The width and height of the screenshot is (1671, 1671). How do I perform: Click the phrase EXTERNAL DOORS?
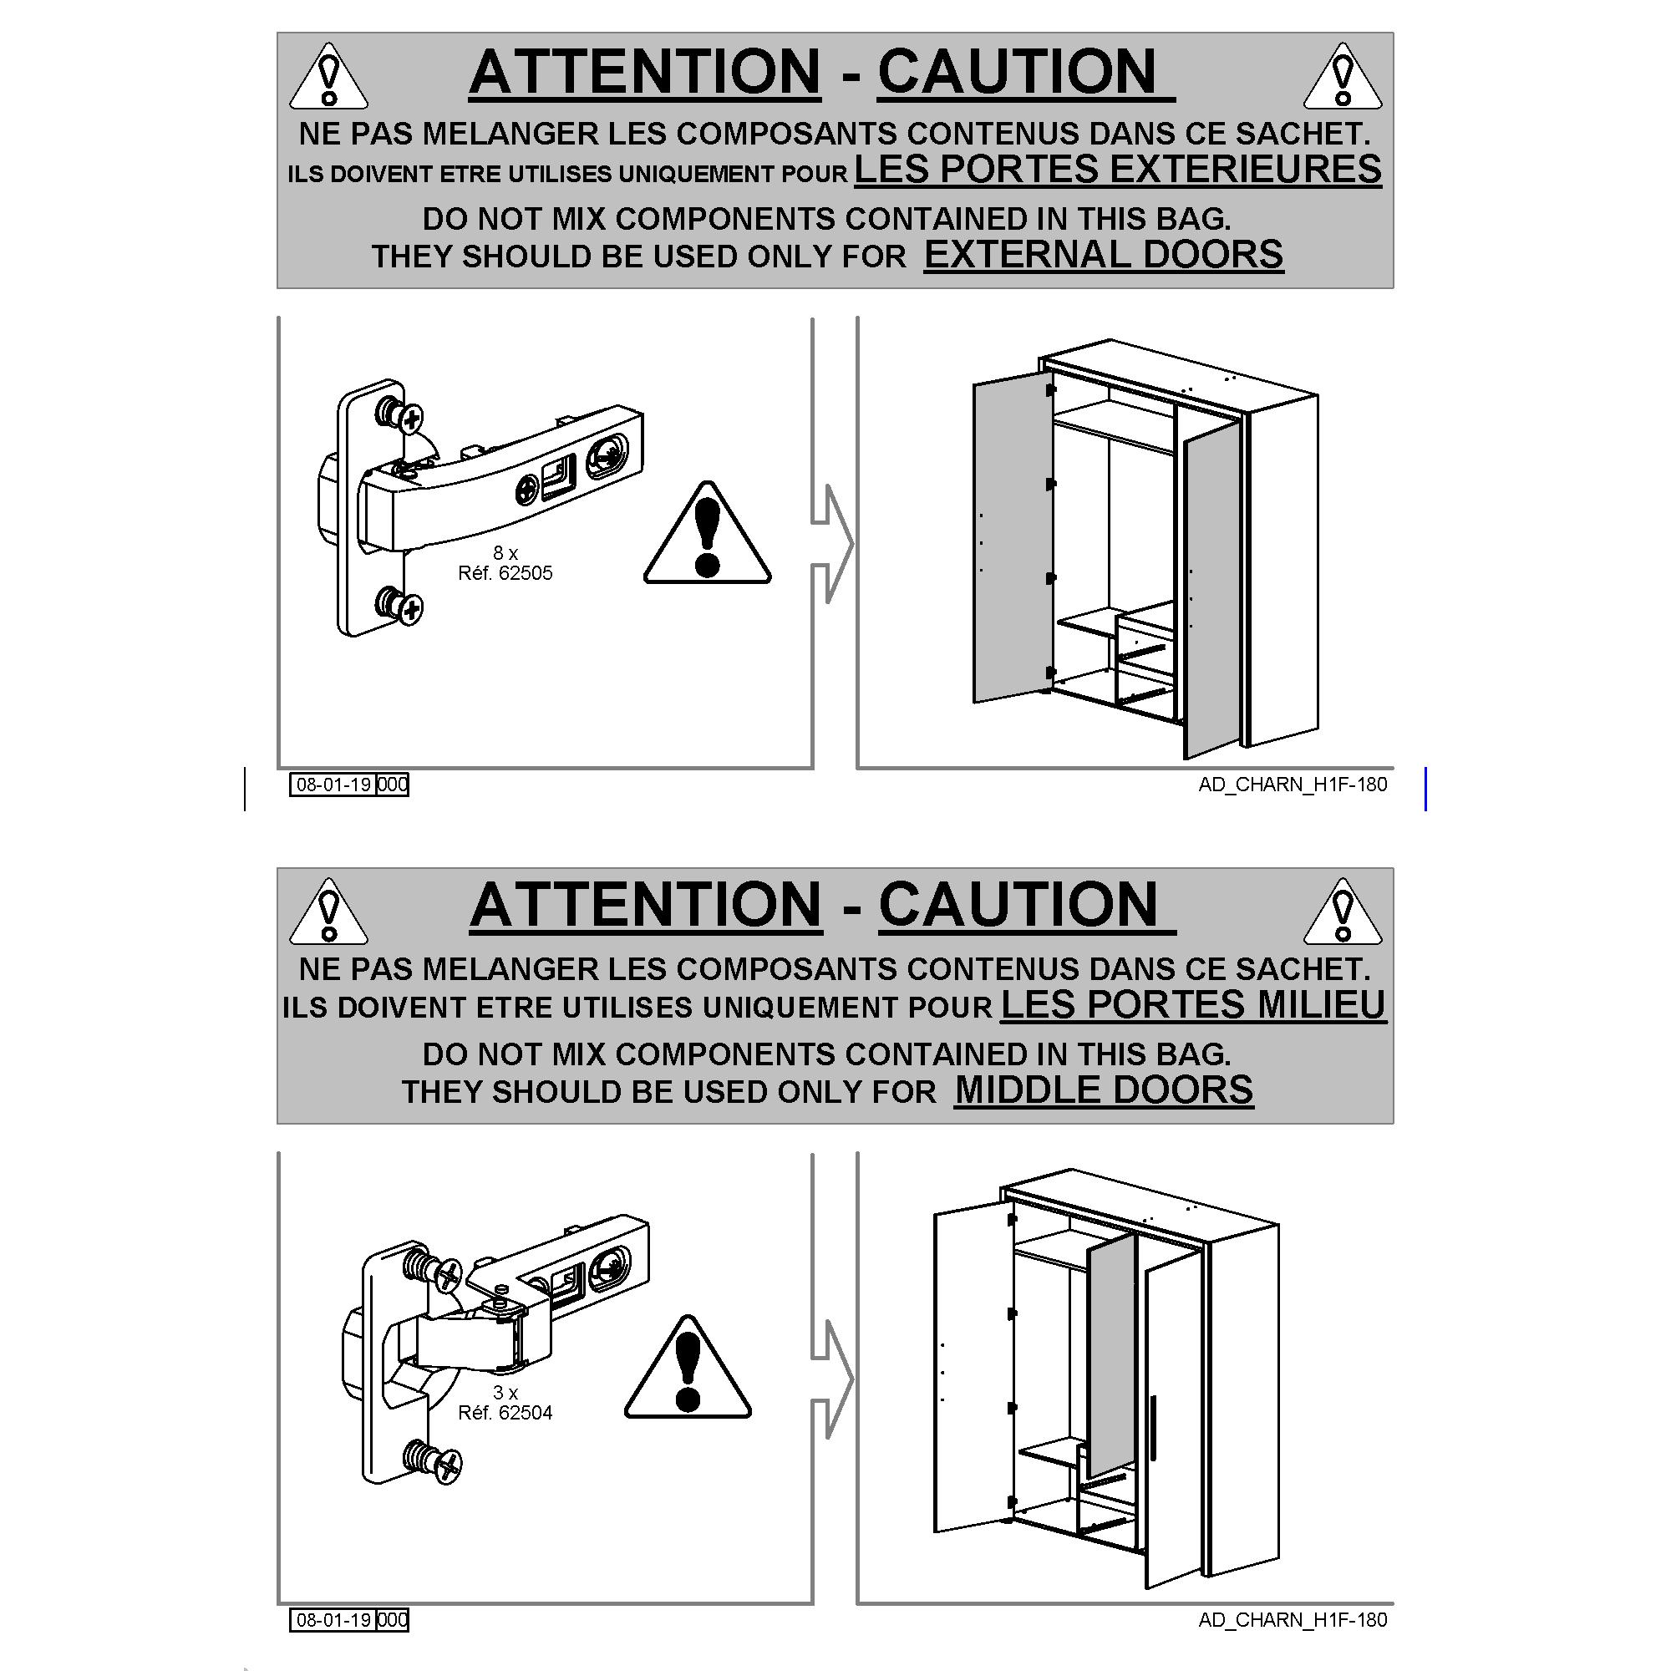pyautogui.click(x=1104, y=254)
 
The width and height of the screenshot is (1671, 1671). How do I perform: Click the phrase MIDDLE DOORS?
pyautogui.click(x=1104, y=1089)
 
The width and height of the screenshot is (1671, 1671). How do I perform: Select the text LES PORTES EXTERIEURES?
pyautogui.click(x=1117, y=169)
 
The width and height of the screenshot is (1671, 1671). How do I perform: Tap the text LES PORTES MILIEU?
pyautogui.click(x=1194, y=1004)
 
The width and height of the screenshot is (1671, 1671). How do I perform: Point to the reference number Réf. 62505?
pyautogui.click(x=505, y=572)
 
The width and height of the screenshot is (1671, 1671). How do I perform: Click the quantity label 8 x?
pyautogui.click(x=505, y=552)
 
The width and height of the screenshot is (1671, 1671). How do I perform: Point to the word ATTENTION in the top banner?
pyautogui.click(x=645, y=71)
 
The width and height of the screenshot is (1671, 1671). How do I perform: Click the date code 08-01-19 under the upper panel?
pyautogui.click(x=333, y=785)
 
